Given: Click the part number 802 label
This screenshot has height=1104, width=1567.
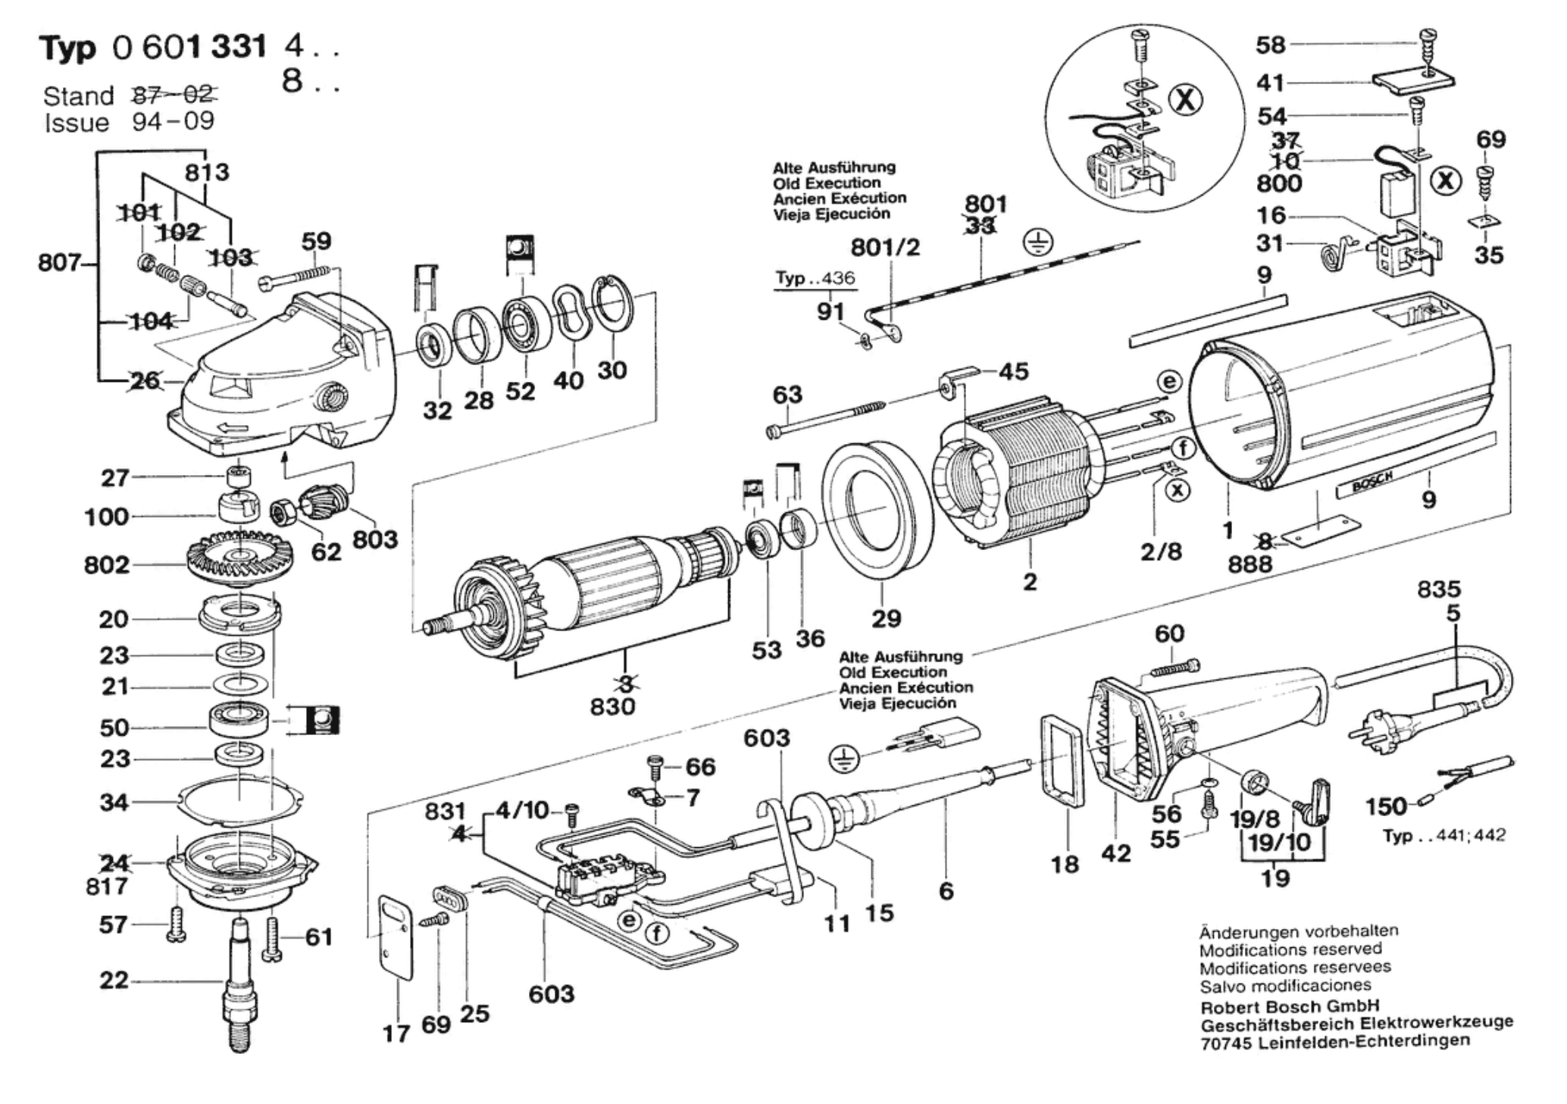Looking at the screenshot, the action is [107, 565].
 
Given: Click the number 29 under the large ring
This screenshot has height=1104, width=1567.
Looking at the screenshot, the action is [886, 618].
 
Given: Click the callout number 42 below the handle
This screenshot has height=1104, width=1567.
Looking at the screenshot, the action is [1115, 853].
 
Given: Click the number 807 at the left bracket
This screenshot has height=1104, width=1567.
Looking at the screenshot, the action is [59, 263].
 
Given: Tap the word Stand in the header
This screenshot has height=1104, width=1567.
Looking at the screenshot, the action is [78, 96].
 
